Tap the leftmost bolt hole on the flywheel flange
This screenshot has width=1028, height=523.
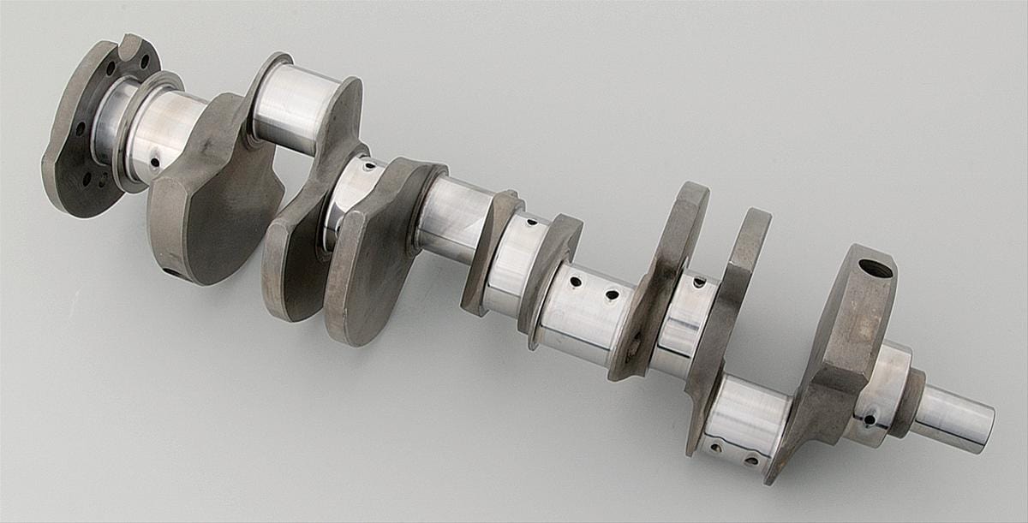tap(80, 128)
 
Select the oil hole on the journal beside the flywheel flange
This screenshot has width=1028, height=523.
tap(156, 160)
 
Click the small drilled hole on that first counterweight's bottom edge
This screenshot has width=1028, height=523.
tap(170, 272)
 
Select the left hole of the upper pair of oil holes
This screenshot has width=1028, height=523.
tap(576, 281)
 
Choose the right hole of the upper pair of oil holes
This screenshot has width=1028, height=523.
tap(612, 294)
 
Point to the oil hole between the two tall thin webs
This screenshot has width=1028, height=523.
tap(699, 282)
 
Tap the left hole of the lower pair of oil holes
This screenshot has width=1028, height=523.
tap(715, 448)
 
